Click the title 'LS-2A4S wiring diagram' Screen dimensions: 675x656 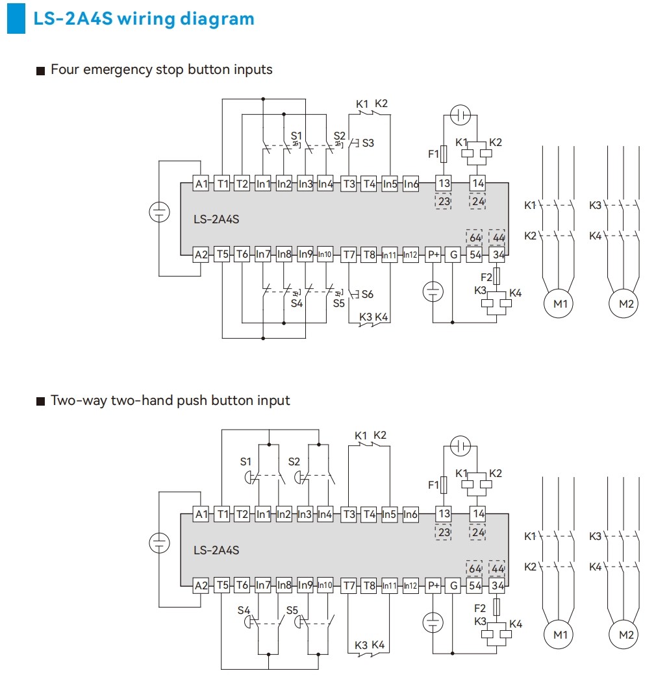tap(144, 19)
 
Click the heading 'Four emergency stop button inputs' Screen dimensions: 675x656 tap(162, 69)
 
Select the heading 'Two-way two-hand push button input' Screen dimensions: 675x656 tap(170, 400)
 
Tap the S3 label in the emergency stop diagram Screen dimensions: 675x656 tap(368, 143)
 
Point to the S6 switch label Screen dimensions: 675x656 tap(367, 294)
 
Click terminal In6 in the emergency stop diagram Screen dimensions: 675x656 tap(411, 184)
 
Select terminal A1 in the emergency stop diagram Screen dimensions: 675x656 tap(202, 184)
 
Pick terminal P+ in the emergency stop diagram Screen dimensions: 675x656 tap(433, 254)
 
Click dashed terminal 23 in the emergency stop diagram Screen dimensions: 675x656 tap(444, 201)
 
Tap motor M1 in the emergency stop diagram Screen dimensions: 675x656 tap(560, 303)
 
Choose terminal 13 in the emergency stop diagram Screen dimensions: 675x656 tap(444, 184)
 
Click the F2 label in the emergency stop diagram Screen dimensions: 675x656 tap(486, 277)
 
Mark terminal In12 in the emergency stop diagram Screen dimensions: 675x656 tap(410, 254)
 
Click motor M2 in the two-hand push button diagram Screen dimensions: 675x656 tap(626, 635)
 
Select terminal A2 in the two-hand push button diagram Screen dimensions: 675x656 tap(202, 585)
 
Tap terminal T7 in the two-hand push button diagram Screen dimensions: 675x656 tap(349, 585)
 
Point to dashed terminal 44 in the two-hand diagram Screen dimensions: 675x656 tap(498, 569)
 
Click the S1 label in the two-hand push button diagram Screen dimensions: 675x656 tap(246, 461)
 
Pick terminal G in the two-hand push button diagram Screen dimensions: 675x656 tap(453, 585)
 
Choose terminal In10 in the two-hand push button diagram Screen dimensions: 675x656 tap(325, 585)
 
